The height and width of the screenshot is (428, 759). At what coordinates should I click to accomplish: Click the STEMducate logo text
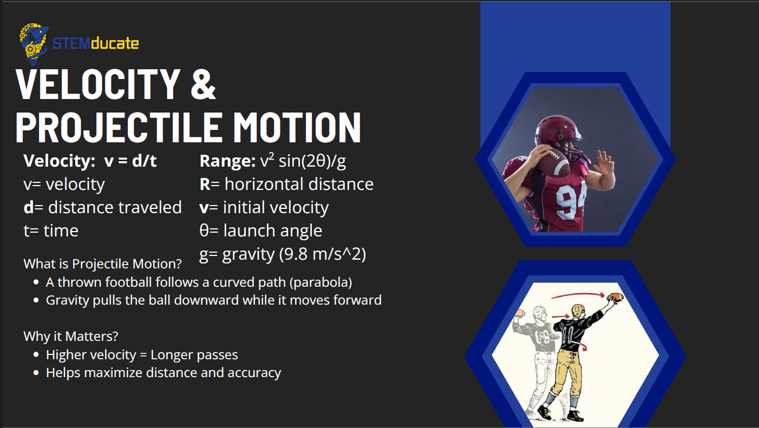pyautogui.click(x=96, y=44)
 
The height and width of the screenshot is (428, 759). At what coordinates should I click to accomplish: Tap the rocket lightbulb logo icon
pyautogui.click(x=34, y=43)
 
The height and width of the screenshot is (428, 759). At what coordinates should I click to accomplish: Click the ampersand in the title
pyautogui.click(x=203, y=84)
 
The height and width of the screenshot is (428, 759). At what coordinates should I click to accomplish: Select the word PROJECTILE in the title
pyautogui.click(x=119, y=127)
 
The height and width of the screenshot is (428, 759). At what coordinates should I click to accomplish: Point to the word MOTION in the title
pyautogui.click(x=297, y=127)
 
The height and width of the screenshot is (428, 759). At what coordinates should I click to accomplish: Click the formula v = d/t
pyautogui.click(x=130, y=161)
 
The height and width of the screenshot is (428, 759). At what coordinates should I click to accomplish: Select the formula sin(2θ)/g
pyautogui.click(x=312, y=161)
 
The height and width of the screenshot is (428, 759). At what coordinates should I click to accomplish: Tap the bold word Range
pyautogui.click(x=227, y=161)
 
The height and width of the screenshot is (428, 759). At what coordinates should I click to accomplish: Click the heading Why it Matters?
pyautogui.click(x=71, y=336)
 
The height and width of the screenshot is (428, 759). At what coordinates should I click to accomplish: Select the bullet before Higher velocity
pyautogui.click(x=36, y=354)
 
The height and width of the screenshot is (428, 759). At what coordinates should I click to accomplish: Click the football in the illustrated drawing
pyautogui.click(x=615, y=298)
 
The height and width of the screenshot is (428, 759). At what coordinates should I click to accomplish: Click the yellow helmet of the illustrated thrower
pyautogui.click(x=578, y=311)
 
